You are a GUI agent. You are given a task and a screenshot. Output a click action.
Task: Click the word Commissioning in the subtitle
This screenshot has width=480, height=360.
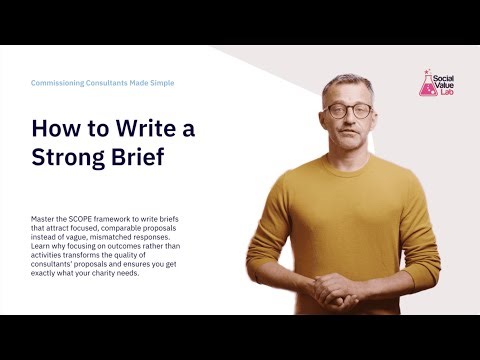click(62, 83)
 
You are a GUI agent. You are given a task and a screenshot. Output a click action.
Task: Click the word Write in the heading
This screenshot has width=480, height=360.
click(128, 129)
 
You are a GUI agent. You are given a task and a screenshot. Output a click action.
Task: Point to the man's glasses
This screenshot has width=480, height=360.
click(348, 111)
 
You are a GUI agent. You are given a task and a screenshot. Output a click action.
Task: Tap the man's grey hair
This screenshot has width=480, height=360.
click(345, 83)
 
